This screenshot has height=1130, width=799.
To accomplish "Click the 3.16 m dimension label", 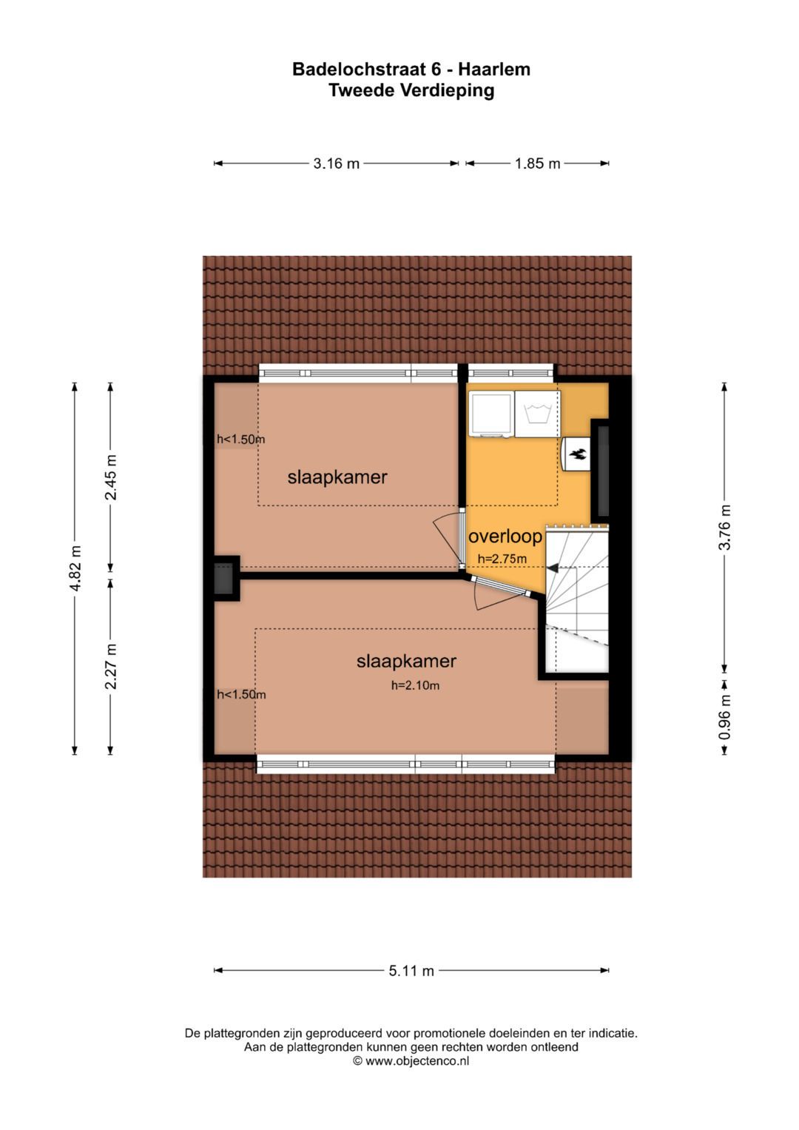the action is click(x=336, y=164).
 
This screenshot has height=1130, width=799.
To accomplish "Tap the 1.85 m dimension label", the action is click(x=537, y=164).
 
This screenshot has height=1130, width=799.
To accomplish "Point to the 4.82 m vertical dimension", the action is click(x=75, y=568).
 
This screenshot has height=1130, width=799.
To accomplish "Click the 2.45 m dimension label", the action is click(x=110, y=477).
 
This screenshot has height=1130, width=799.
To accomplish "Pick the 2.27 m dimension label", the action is click(x=110, y=666).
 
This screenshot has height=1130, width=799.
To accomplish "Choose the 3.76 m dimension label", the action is click(x=724, y=527).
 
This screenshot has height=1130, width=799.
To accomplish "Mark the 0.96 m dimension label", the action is click(x=724, y=717).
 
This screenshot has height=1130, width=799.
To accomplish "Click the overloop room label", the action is click(x=505, y=537).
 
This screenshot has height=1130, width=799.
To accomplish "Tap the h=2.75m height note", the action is click(x=502, y=559).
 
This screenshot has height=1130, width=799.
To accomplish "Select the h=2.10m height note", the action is click(x=415, y=685).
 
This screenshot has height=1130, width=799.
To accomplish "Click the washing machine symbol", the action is click(x=537, y=413).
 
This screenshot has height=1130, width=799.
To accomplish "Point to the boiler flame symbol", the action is click(x=576, y=454).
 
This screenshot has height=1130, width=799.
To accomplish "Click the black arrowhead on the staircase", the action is click(x=553, y=568).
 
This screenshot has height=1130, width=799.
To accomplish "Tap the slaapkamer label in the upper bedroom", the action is click(x=337, y=477).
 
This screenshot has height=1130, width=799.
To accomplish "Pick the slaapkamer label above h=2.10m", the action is click(x=407, y=661).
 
